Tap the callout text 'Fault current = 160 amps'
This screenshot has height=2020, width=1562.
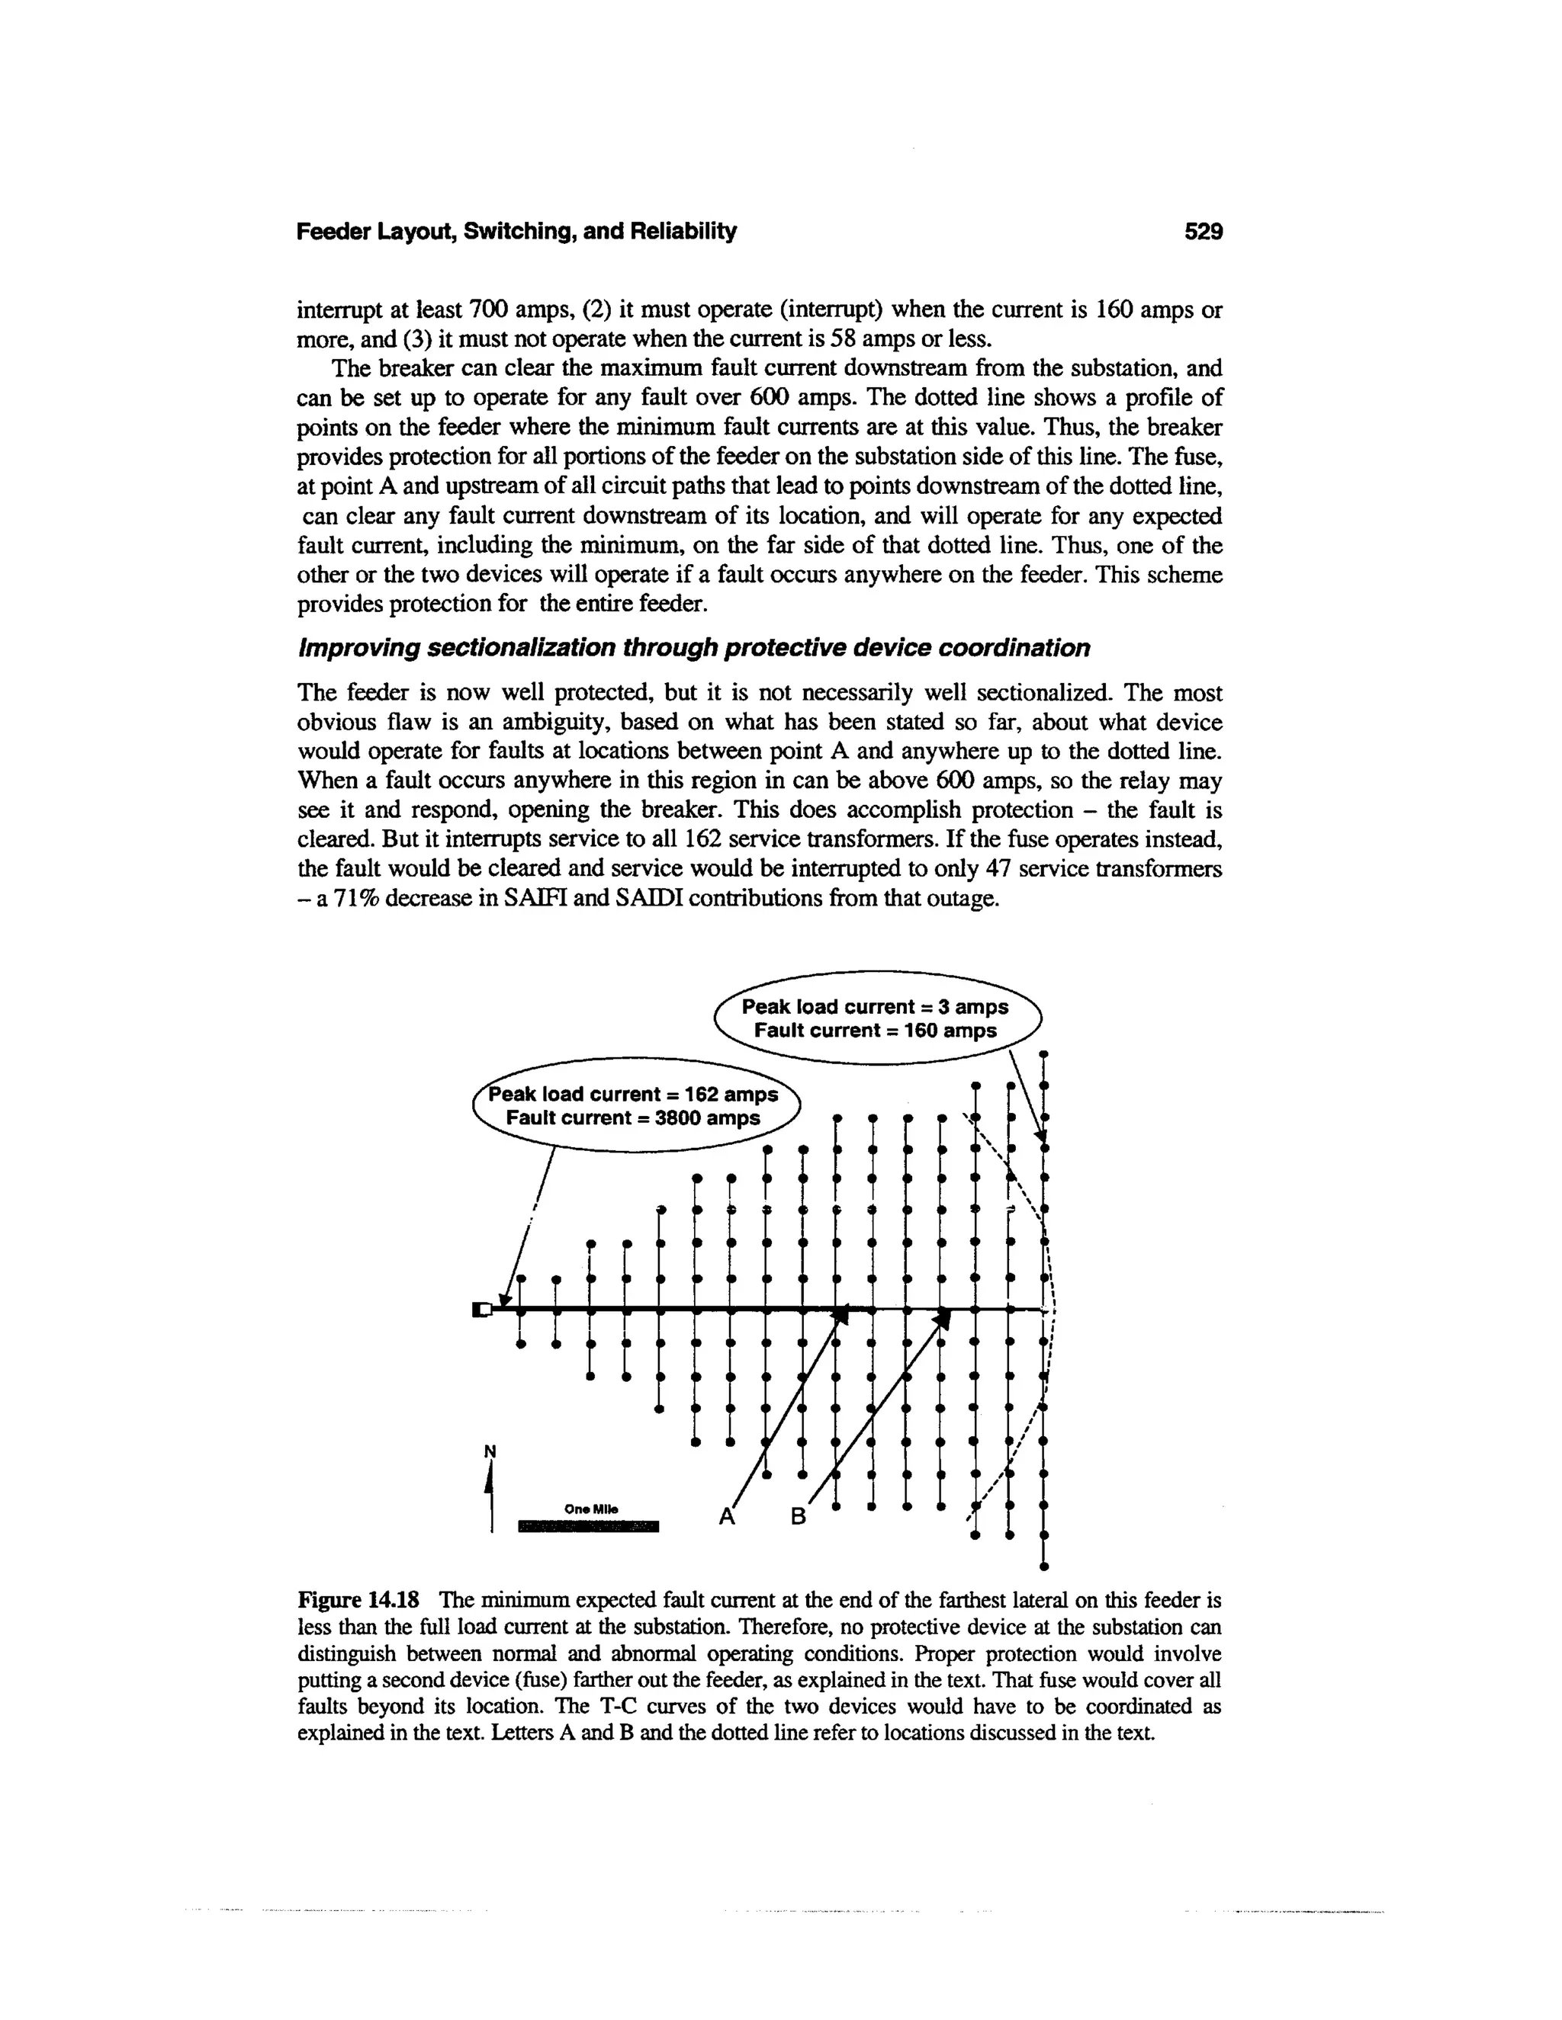pos(875,1031)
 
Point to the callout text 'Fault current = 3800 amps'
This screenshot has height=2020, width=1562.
pos(633,1117)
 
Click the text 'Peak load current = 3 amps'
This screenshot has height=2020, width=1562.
pos(875,1006)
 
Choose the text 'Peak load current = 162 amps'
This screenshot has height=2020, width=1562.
pos(634,1094)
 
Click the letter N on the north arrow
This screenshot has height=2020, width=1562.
pos(490,1451)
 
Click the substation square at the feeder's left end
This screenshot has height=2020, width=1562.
pos(479,1309)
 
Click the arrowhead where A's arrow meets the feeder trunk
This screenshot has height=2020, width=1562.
pos(840,1314)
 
